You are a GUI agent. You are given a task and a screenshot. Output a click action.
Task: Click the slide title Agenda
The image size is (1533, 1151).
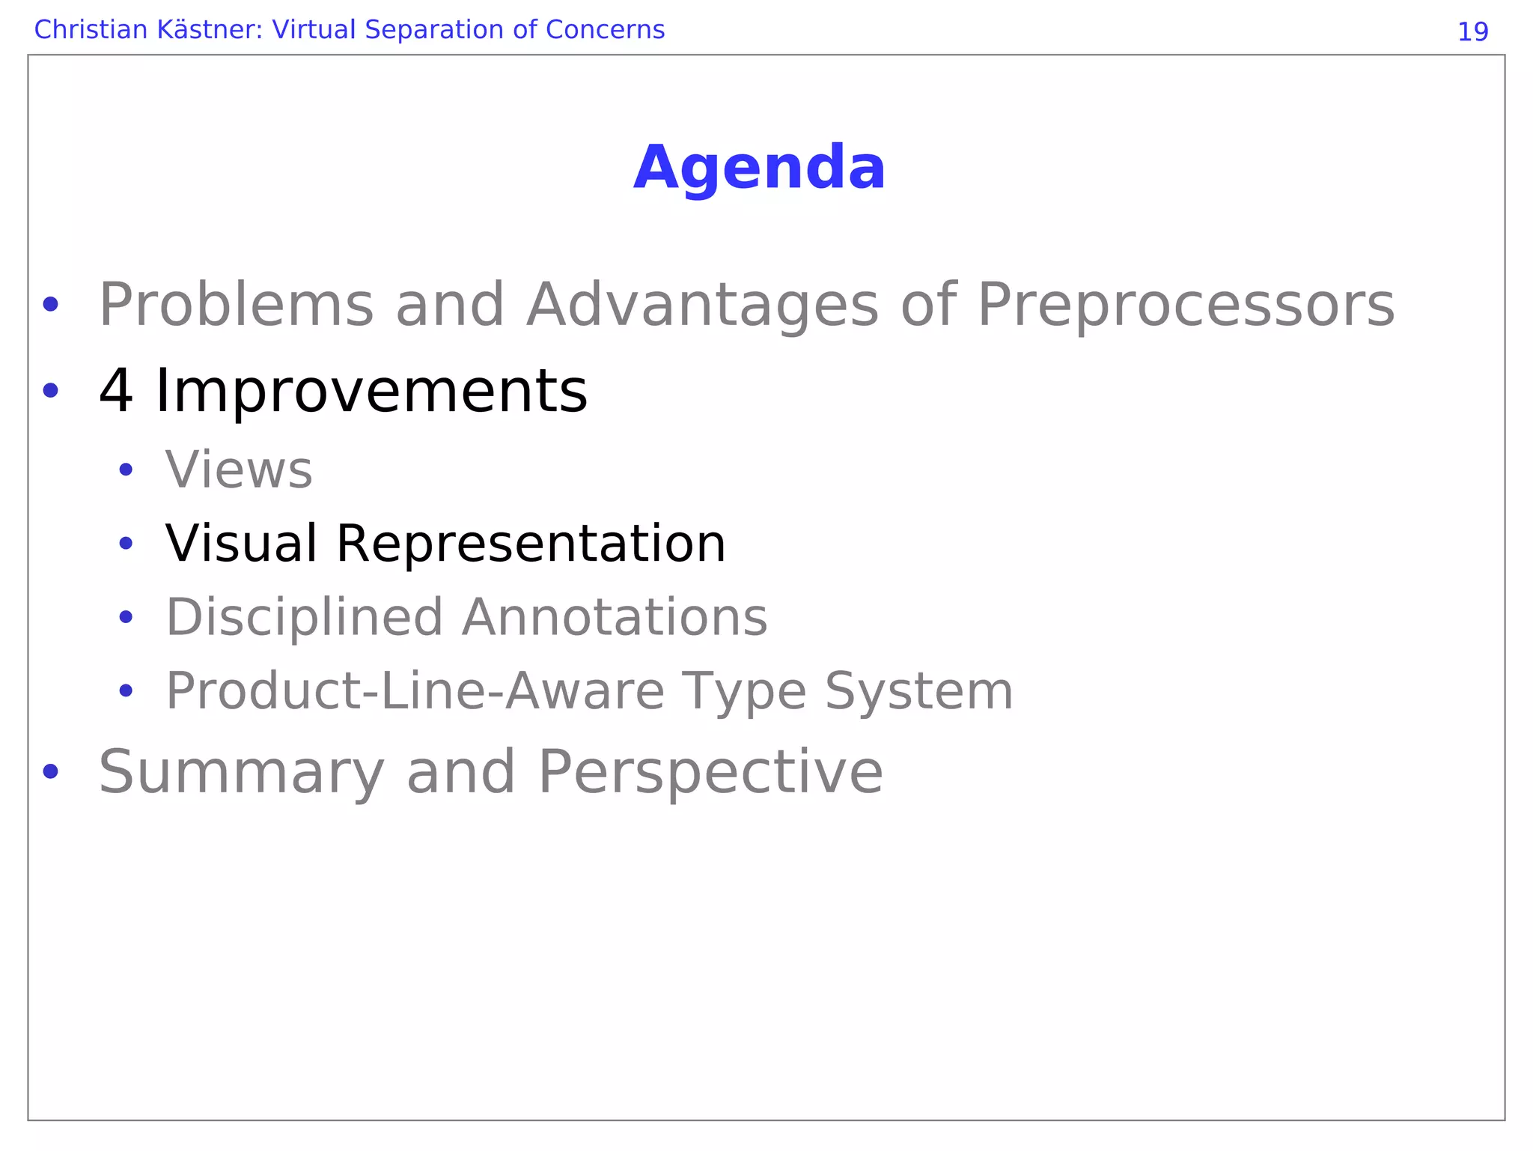coord(759,168)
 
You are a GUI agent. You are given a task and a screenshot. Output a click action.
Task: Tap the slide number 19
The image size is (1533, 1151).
coord(1472,31)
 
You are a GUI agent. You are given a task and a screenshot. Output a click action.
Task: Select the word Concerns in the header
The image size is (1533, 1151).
coord(605,30)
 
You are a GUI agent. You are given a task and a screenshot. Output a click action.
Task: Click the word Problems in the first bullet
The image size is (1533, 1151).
coord(236,306)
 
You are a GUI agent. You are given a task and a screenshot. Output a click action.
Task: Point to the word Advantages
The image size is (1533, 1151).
coord(702,306)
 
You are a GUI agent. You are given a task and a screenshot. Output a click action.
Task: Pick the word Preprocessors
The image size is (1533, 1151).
coord(1186,306)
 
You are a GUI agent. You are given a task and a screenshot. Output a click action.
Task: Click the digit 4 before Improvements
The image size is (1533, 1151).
coord(116,391)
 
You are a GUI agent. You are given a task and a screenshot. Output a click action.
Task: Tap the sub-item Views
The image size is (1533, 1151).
coord(239,470)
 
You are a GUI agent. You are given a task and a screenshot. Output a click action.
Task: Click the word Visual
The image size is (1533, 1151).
coord(241,543)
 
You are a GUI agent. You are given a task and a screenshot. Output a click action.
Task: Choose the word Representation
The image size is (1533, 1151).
coord(531,544)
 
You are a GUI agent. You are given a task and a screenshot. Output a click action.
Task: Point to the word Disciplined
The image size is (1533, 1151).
coord(304,618)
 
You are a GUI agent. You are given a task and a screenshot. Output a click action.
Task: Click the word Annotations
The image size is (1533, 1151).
coord(615,618)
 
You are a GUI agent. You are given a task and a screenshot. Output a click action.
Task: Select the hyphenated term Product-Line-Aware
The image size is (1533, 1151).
coord(415,690)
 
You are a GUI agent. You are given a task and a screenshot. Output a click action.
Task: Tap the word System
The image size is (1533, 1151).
coord(918,692)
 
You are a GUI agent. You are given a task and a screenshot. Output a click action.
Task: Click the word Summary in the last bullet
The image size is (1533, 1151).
coord(241,773)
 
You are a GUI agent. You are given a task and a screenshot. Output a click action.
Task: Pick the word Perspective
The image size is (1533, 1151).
coord(710,773)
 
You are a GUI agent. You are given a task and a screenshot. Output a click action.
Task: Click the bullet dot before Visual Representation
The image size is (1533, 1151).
coord(126,543)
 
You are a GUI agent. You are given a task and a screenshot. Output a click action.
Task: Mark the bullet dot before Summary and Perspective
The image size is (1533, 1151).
coord(50,771)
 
